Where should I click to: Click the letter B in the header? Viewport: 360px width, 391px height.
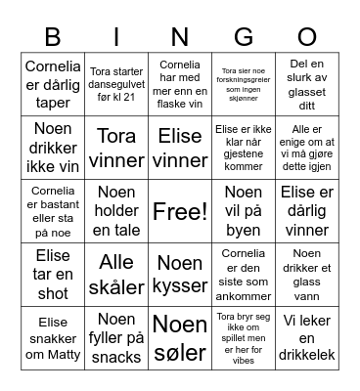tap(53, 37)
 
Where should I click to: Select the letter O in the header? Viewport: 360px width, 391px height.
tap(307, 37)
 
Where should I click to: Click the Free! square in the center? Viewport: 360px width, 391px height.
tap(180, 211)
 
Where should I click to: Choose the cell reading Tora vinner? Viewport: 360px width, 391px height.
tap(116, 146)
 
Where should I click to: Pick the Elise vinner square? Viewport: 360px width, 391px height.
tap(180, 146)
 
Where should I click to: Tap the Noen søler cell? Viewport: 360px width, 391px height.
tap(180, 338)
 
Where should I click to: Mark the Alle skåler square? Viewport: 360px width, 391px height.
tap(116, 275)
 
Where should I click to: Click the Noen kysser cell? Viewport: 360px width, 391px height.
tap(180, 275)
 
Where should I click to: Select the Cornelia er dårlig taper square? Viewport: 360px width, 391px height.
tap(53, 82)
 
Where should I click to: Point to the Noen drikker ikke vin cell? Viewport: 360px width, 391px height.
tap(53, 146)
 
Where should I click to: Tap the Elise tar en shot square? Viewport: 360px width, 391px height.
tap(53, 275)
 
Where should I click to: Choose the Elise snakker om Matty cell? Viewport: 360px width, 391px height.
tap(53, 338)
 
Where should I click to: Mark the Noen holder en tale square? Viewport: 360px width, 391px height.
tap(116, 211)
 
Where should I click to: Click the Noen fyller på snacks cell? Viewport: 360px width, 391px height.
tap(116, 338)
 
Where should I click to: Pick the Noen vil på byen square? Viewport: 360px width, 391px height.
tap(244, 211)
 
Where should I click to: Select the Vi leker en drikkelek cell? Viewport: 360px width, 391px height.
tap(307, 338)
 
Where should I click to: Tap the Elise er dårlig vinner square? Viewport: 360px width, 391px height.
tap(307, 211)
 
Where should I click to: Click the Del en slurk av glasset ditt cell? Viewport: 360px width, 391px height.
tap(307, 82)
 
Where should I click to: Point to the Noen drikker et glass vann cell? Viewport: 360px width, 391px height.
tap(307, 275)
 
